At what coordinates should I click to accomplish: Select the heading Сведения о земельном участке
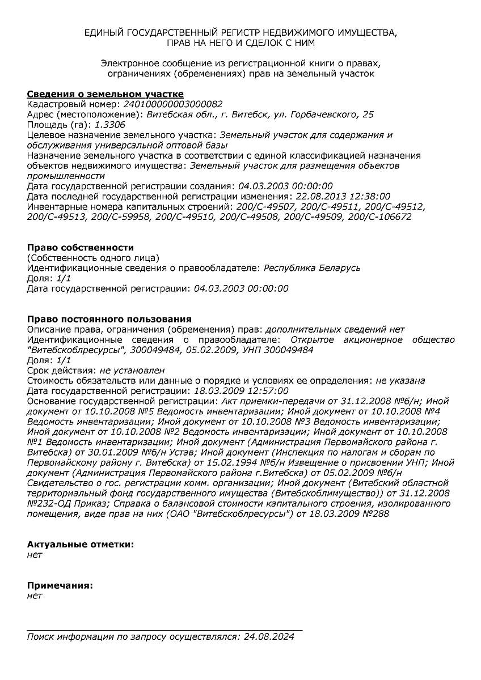tap(106, 94)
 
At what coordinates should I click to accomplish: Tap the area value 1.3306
tap(110, 125)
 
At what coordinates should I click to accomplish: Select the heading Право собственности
tap(81, 248)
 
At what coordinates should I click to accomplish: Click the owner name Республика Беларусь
tap(313, 268)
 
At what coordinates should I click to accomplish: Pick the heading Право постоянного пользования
tap(109, 320)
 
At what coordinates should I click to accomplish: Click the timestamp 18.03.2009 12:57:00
tap(241, 391)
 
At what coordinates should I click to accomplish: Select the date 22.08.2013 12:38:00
tap(343, 197)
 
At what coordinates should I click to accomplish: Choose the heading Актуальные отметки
tap(81, 545)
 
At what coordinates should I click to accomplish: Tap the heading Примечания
tap(60, 585)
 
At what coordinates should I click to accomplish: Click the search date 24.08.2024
tap(269, 637)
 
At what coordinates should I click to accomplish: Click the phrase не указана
tap(400, 381)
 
